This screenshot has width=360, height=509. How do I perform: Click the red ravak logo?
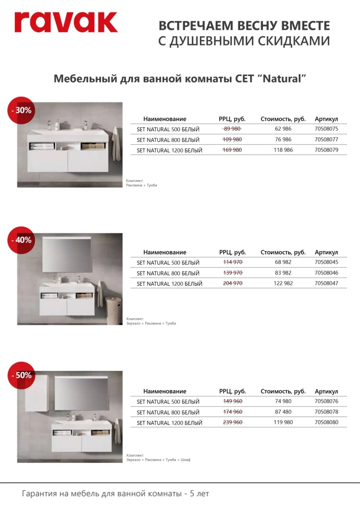[x=66, y=22]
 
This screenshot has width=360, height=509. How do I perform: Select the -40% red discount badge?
[x=20, y=240]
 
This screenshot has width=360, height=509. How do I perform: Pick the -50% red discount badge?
[x=20, y=375]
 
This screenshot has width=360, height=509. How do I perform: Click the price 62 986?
[x=283, y=129]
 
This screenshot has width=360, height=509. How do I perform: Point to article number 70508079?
[x=326, y=150]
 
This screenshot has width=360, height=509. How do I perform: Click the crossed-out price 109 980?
[x=232, y=140]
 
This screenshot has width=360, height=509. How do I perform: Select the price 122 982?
[x=283, y=283]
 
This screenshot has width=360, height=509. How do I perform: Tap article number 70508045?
[x=326, y=262]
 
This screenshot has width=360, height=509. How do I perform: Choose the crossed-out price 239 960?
[x=232, y=423]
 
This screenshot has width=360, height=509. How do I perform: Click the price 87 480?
[x=283, y=412]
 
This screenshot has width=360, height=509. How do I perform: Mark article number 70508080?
[x=326, y=423]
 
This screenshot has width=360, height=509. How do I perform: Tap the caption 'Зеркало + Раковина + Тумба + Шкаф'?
[x=159, y=460]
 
